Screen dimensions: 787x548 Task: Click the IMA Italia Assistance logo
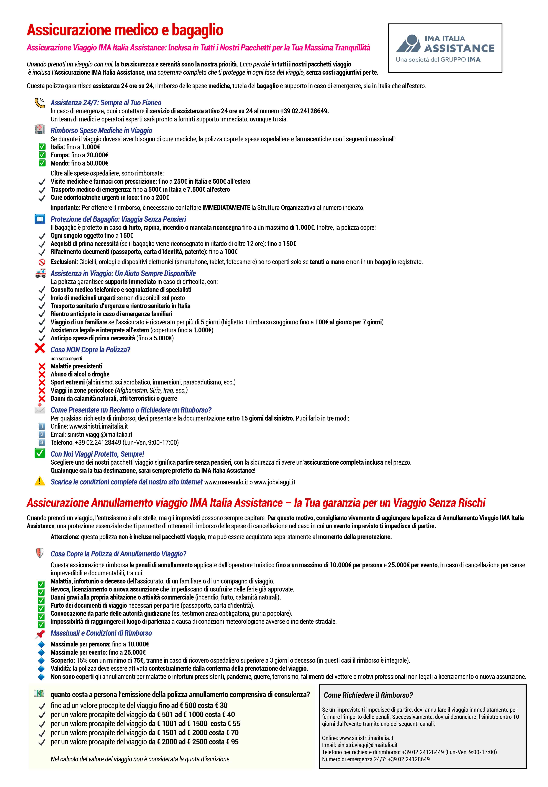click(x=445, y=48)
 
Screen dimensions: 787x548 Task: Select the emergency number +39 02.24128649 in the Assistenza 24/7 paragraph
click(x=304, y=111)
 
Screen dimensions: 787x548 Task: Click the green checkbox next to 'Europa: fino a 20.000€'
click(x=42, y=155)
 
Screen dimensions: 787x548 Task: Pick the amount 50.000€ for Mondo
click(x=97, y=163)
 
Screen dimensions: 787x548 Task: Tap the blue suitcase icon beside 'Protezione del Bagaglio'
click(x=40, y=219)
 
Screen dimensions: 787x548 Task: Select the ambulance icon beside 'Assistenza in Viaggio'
click(x=40, y=273)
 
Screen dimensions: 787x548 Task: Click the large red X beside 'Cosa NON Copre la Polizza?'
click(x=40, y=349)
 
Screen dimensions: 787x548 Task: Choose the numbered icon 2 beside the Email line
click(x=42, y=434)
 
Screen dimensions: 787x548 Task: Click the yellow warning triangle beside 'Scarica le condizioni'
click(x=40, y=481)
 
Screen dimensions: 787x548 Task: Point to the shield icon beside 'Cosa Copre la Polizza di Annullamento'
click(x=40, y=553)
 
